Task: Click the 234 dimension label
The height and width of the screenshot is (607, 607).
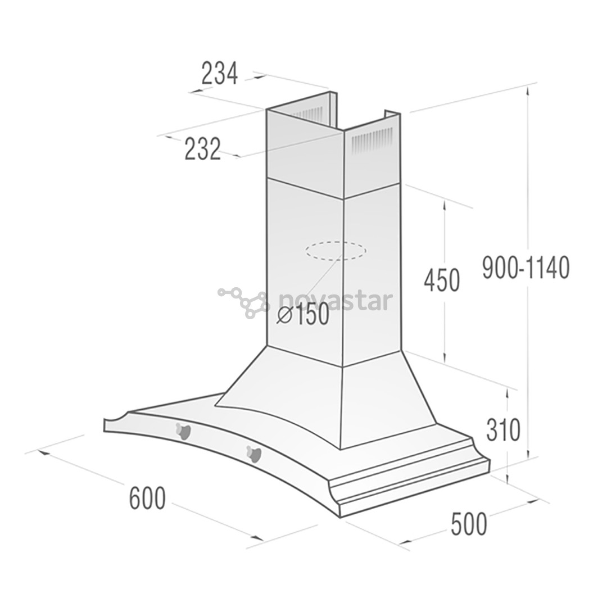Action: [x=220, y=74]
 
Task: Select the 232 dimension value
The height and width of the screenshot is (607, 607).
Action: [x=203, y=150]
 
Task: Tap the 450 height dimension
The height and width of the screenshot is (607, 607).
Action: [x=442, y=280]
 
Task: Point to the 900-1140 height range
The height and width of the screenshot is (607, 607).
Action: [x=526, y=268]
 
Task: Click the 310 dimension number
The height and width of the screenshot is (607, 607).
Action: [x=504, y=431]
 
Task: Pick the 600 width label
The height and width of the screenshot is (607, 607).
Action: [x=147, y=498]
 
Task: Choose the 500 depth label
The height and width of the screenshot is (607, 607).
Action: [x=469, y=524]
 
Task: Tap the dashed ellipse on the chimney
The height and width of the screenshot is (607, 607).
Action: [x=336, y=251]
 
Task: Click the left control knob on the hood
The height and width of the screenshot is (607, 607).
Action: [x=182, y=431]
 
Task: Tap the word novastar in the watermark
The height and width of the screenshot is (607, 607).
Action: [x=335, y=301]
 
